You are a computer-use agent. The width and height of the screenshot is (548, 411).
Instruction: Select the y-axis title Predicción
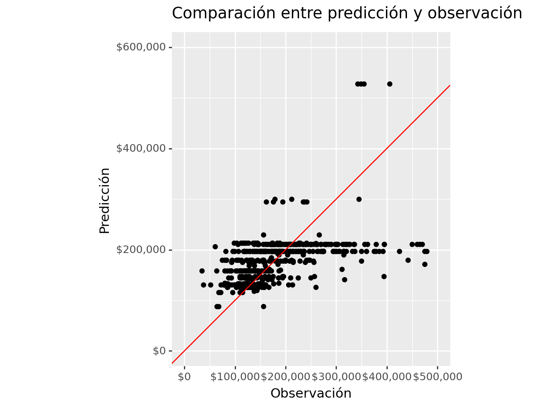tap(104, 200)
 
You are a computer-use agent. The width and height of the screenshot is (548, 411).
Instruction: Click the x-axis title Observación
tap(311, 393)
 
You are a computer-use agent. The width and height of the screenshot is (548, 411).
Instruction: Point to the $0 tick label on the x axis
tap(184, 377)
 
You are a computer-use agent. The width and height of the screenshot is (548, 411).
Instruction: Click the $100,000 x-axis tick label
tap(235, 377)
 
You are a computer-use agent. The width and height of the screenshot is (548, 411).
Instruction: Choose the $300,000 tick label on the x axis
tap(336, 377)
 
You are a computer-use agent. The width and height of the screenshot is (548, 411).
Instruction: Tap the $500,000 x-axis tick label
tap(437, 377)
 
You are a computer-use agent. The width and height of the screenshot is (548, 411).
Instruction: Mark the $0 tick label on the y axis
tap(159, 351)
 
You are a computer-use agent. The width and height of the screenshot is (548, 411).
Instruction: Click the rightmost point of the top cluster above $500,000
tap(390, 84)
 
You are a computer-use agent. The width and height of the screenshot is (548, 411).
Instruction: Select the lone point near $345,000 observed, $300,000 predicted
tap(359, 199)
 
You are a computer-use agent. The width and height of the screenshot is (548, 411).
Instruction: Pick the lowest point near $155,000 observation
tap(263, 307)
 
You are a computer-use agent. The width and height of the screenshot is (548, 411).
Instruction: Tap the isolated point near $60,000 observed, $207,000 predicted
tap(215, 247)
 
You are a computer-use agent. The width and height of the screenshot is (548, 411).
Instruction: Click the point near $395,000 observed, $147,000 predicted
tap(384, 277)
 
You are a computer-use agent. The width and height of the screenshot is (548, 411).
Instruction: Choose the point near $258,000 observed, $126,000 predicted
tap(316, 287)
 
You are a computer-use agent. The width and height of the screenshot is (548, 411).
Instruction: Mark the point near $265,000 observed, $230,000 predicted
tap(319, 235)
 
